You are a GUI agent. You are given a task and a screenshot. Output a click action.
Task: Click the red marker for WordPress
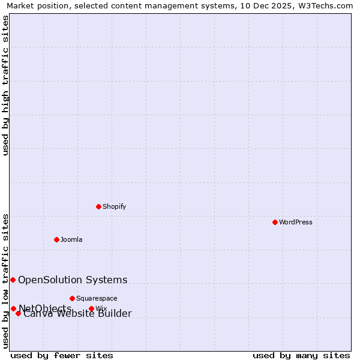coord(275,222)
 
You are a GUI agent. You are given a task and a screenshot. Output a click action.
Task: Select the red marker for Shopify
coord(98,206)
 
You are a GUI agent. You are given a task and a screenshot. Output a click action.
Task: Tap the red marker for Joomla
coord(56,239)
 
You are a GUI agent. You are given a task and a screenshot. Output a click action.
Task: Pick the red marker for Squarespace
coord(72,298)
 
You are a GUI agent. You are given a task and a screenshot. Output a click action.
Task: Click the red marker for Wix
coord(91,309)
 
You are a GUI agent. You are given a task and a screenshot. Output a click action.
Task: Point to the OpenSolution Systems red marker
coord(13,280)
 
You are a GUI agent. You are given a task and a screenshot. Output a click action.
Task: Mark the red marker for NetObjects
coord(13,308)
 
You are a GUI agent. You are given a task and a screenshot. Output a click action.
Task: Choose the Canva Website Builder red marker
coord(18,313)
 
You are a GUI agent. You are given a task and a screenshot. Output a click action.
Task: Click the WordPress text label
coord(296,222)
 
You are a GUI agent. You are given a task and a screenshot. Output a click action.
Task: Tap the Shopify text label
coord(114,206)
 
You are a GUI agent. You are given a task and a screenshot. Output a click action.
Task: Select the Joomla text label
coord(71,239)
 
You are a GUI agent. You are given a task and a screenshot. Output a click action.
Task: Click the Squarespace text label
coord(97,298)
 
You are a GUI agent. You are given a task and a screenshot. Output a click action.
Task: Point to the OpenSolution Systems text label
coord(73,280)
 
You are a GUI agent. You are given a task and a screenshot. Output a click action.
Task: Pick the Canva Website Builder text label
coord(77,314)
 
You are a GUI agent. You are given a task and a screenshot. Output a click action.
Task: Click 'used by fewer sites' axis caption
coord(62,355)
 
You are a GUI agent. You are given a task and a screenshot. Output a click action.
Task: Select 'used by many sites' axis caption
coord(301,355)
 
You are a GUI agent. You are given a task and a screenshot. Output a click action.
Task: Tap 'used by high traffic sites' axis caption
coord(5,85)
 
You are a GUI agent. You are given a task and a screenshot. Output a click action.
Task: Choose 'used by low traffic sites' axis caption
coord(5,280)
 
